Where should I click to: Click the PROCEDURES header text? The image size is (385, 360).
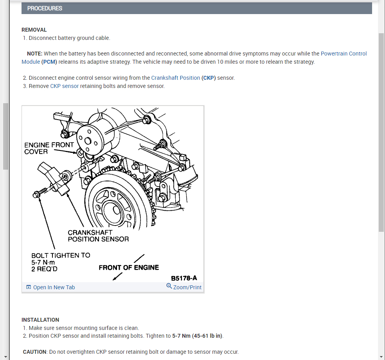[x=45, y=8]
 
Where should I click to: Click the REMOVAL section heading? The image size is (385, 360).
[x=34, y=30]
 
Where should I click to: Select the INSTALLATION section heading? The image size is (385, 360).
[x=40, y=320]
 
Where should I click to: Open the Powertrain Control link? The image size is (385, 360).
[x=344, y=54]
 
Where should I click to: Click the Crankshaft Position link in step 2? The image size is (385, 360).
[x=176, y=78]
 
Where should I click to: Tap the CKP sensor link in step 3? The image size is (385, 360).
[x=64, y=86]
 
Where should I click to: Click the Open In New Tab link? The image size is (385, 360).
[x=54, y=287]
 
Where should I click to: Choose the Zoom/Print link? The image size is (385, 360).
[x=187, y=287]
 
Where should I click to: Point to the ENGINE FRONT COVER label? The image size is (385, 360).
[x=49, y=148]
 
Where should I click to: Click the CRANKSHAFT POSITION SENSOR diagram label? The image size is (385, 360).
[x=98, y=236]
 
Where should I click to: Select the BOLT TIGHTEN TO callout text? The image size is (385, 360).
[x=61, y=255]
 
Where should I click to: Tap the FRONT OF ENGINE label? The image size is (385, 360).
[x=129, y=268]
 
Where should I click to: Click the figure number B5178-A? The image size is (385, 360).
[x=184, y=278]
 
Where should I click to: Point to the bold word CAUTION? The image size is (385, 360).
[x=34, y=352]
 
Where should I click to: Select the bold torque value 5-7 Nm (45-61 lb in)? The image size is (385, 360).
[x=197, y=336]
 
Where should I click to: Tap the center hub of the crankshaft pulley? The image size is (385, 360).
[x=116, y=210]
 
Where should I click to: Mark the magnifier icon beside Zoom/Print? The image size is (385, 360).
[x=169, y=286]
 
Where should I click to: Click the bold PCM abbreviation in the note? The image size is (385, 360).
[x=49, y=62]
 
